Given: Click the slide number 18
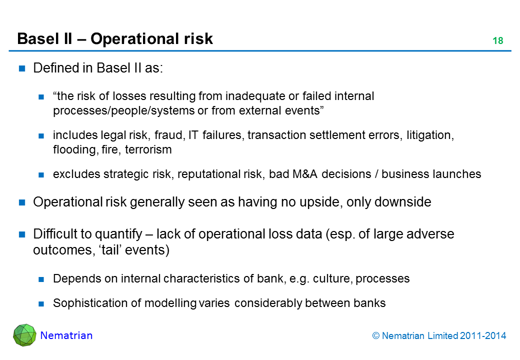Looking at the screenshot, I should point(497,41).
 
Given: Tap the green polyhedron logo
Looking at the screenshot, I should point(24,335).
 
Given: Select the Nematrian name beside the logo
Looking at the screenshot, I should point(66,335).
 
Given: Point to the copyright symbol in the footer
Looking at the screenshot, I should point(376,336).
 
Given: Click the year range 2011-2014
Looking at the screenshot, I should point(481,336).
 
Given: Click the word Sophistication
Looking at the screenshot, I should point(87,302).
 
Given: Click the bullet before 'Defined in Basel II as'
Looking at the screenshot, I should point(22,69).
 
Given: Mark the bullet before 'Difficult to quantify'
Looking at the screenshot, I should point(22,234).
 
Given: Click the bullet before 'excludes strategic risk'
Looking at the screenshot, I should point(42,174).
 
